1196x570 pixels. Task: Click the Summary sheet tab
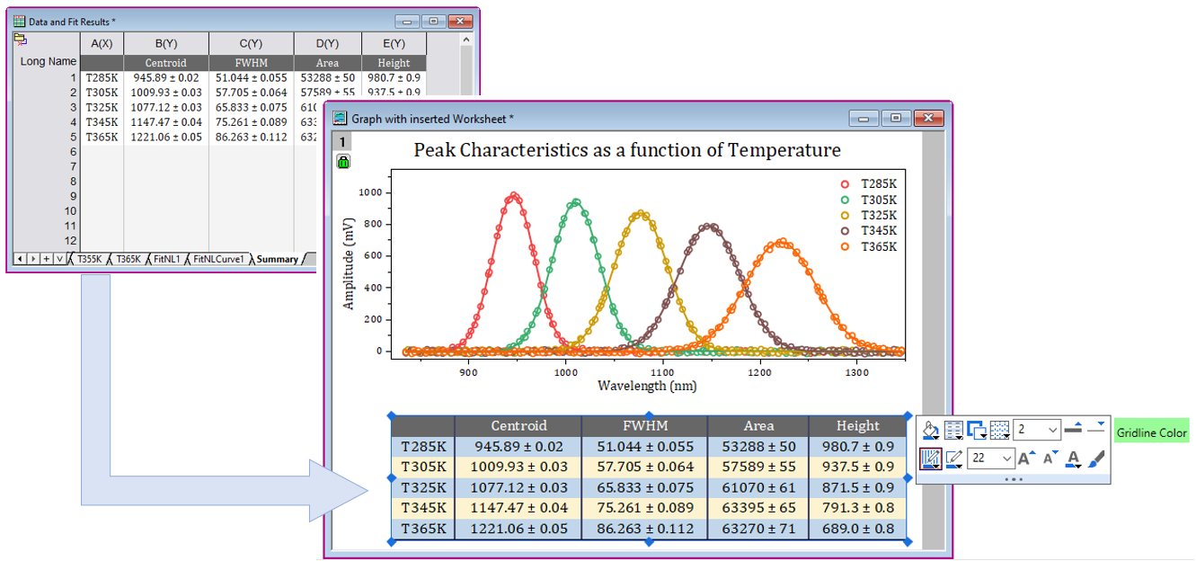click(277, 259)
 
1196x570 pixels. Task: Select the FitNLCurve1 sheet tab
click(217, 259)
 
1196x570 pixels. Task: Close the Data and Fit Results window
click(461, 21)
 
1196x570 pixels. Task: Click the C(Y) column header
click(251, 43)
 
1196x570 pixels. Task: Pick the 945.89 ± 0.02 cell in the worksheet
click(166, 78)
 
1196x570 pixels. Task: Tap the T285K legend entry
click(878, 183)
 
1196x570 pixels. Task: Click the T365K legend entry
click(878, 247)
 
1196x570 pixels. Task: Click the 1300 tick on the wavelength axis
click(857, 370)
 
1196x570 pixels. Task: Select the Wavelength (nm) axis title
click(647, 386)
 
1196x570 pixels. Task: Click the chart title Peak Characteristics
click(627, 150)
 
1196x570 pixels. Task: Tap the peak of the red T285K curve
click(513, 195)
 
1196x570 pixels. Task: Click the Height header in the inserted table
click(857, 426)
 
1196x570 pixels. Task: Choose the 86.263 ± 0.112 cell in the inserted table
click(644, 529)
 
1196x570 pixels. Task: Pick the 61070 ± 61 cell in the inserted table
click(757, 487)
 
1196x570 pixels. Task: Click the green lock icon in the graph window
click(343, 162)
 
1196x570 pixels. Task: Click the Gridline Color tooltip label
click(1151, 433)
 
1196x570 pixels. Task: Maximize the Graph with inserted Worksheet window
click(895, 118)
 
